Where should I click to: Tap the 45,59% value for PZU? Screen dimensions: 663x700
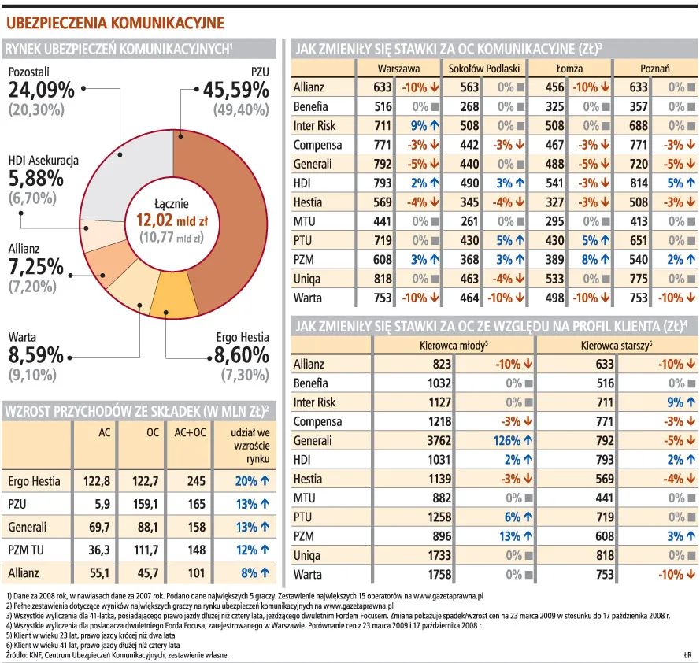[x=236, y=91]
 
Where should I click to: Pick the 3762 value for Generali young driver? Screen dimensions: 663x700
[x=435, y=440]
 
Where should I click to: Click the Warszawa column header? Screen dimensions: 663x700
[x=398, y=69]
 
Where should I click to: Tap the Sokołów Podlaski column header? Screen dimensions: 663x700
[x=482, y=69]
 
